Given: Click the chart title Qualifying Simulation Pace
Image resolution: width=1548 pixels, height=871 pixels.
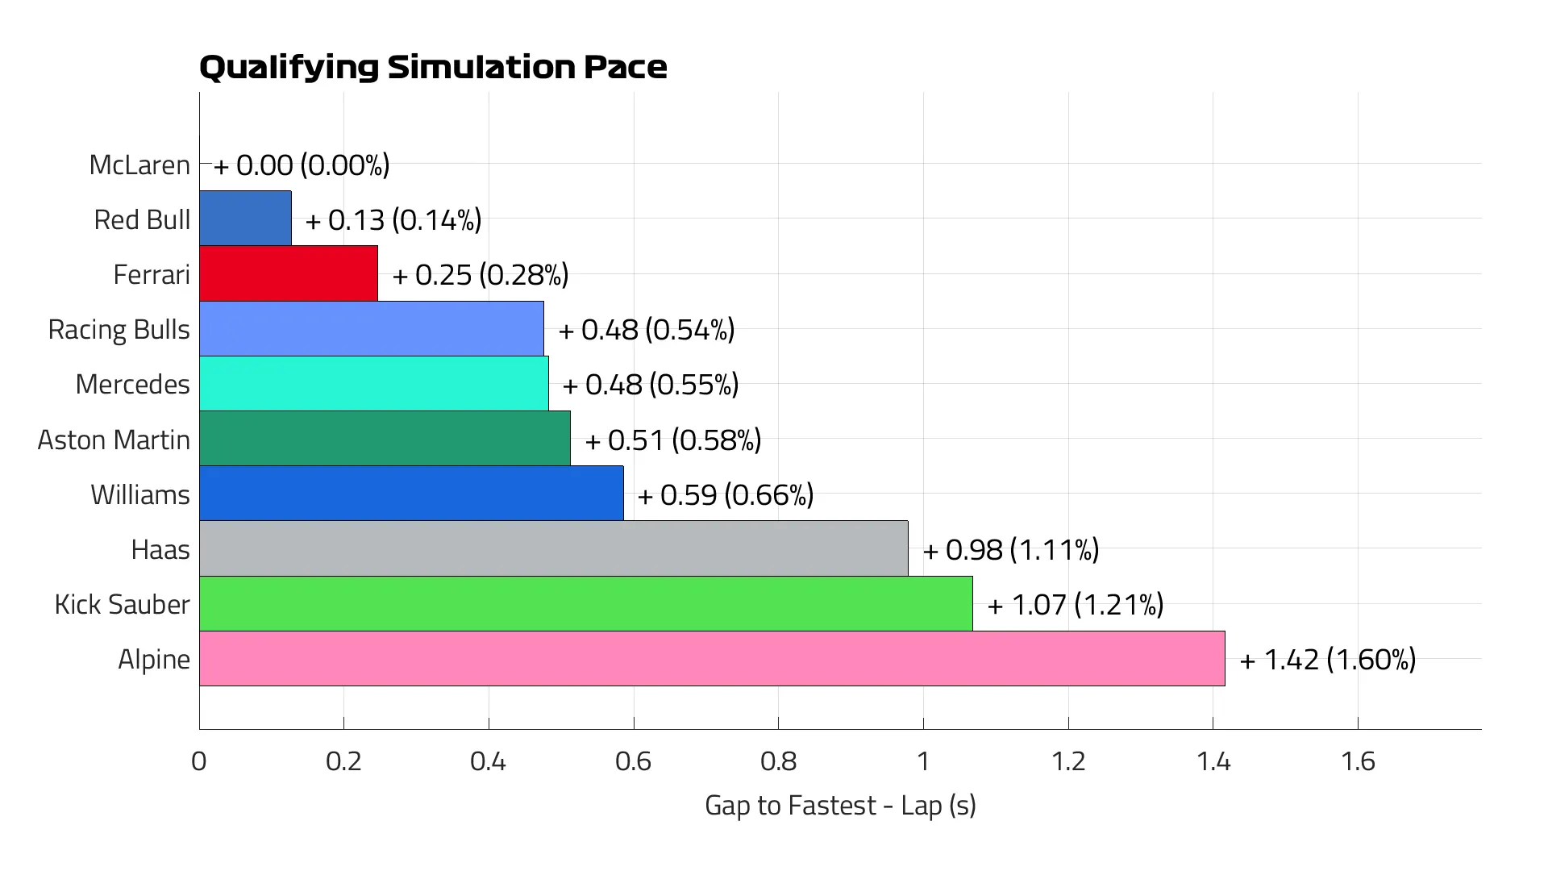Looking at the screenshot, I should (433, 67).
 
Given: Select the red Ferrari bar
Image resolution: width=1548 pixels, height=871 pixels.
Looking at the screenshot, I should (288, 273).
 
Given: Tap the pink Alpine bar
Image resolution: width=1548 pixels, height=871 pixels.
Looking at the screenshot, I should (711, 658).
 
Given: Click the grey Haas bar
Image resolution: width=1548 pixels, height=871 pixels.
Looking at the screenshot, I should (553, 548).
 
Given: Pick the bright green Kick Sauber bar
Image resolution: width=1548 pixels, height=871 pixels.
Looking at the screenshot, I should (585, 603).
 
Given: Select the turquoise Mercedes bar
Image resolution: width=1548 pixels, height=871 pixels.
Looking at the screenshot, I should (373, 384).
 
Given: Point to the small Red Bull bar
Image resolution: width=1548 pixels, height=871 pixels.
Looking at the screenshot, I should (245, 219).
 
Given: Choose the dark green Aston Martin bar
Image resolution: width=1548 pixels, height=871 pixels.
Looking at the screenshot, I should (385, 439).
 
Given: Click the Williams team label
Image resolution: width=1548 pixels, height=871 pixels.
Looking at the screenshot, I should (140, 494).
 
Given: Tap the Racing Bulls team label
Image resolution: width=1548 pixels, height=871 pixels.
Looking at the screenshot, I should (119, 329).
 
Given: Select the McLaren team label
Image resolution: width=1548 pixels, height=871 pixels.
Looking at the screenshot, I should (139, 165).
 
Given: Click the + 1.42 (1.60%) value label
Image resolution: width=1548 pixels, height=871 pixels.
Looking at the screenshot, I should (1327, 659).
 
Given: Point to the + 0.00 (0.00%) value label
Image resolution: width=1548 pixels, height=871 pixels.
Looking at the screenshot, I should (302, 165).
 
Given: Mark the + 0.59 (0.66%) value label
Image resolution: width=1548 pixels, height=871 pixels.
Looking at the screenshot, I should (726, 494).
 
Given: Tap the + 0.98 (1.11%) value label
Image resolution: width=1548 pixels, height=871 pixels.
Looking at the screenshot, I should (1011, 549).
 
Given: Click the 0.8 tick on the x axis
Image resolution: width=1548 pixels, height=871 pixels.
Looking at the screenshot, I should (778, 761).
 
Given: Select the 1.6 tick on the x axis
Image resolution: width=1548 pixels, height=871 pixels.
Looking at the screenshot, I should (1358, 761).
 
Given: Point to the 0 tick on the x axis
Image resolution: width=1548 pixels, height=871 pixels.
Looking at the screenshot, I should (199, 761).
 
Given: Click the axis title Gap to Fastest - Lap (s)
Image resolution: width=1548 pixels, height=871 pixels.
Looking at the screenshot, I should (840, 805).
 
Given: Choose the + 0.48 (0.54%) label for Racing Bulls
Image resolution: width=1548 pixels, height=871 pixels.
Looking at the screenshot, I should (647, 330).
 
